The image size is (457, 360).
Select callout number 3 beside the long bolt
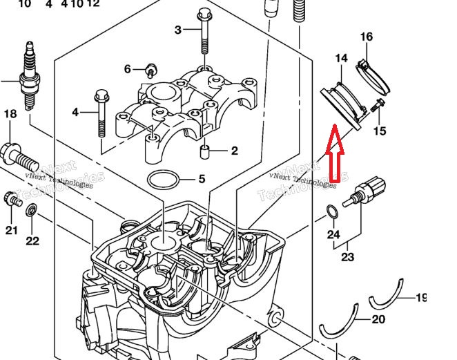point(178,30)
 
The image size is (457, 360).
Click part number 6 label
point(127,69)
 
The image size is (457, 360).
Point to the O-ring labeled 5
point(163,180)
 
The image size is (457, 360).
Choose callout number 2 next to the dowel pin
point(235,151)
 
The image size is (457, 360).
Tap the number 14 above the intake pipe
point(341,59)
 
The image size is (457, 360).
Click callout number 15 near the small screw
point(380,131)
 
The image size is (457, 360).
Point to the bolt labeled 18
point(19,155)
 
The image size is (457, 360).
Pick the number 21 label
point(11,230)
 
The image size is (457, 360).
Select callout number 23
point(347,258)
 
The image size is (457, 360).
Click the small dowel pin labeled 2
point(204,151)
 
